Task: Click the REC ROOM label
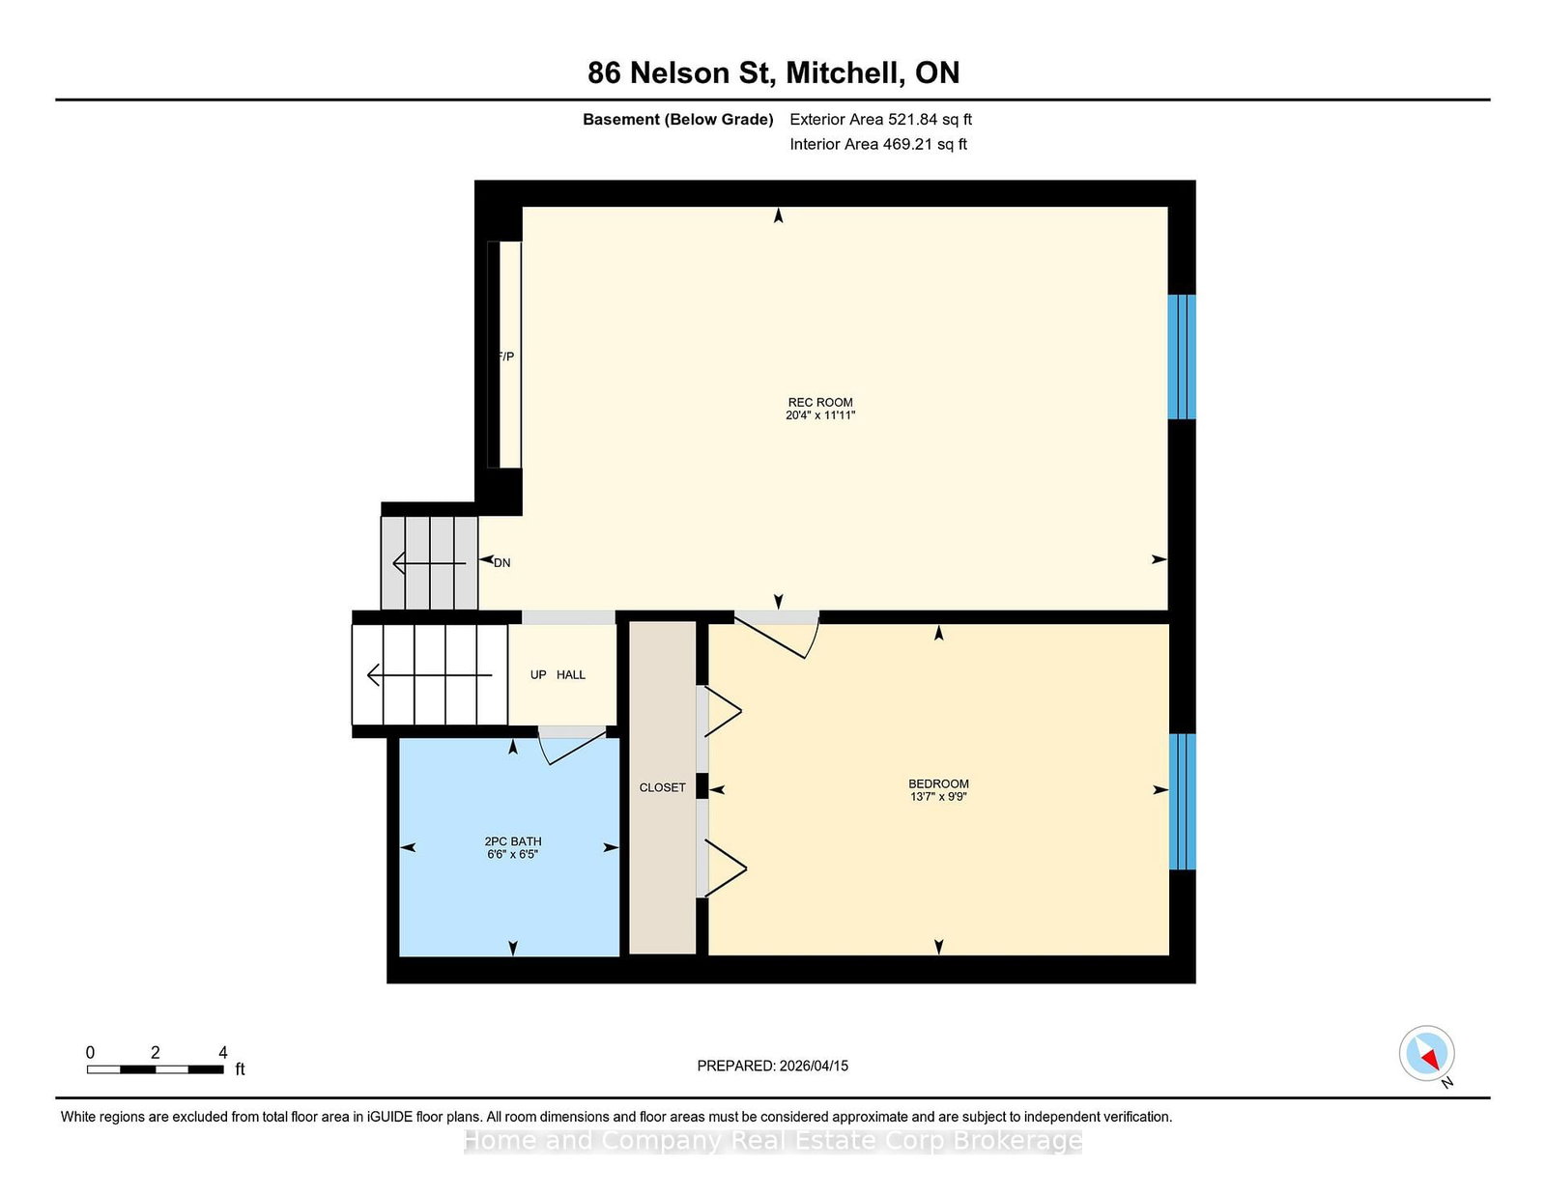pos(819,402)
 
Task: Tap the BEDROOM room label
pos(937,783)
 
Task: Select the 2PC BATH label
pos(512,841)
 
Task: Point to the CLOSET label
pos(662,787)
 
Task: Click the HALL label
pos(571,674)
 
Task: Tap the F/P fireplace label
pos(506,356)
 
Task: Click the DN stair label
pos(501,562)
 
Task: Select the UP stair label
pos(538,674)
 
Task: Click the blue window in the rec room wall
pos(1182,356)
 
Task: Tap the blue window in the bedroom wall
pos(1183,802)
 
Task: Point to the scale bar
pos(156,1069)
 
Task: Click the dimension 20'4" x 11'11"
pos(819,414)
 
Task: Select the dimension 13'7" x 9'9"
pos(937,797)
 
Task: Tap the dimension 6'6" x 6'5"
pos(512,854)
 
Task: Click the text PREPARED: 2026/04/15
pos(773,1066)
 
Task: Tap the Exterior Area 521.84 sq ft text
pos(881,120)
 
